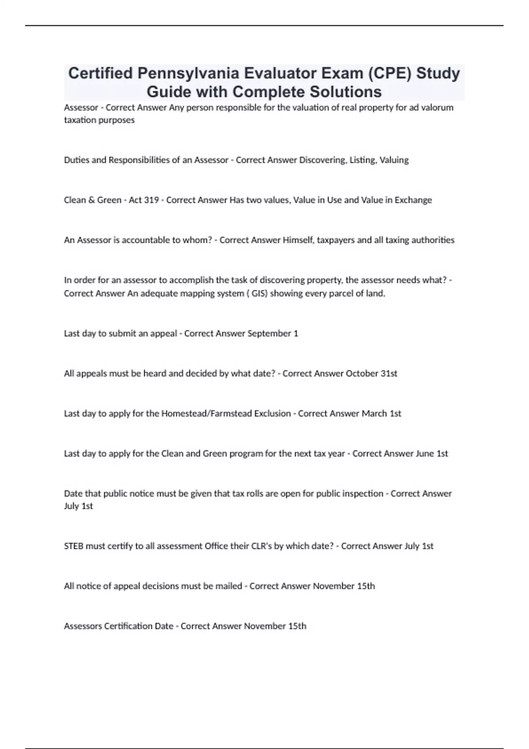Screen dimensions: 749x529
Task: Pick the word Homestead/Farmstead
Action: (226, 414)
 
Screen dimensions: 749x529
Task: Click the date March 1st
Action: (381, 414)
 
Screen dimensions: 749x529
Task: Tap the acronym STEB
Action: (74, 546)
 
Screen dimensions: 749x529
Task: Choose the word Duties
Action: (76, 160)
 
